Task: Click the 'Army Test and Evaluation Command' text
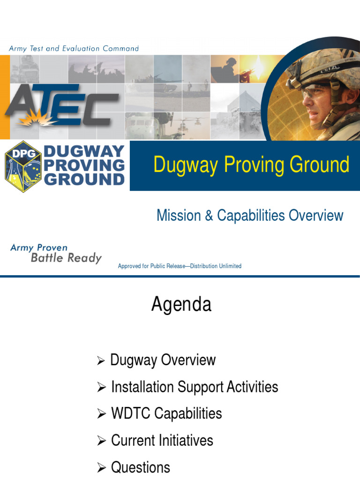point(74,48)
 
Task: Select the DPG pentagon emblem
point(23,166)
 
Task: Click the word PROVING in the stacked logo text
point(84,165)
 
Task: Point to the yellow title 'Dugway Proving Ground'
point(251,165)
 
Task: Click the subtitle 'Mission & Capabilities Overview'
point(250,216)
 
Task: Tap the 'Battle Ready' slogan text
point(66,258)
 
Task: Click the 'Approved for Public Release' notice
point(180,266)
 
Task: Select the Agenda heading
point(181,305)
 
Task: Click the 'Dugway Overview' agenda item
point(163,360)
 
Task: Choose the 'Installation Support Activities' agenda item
point(195,387)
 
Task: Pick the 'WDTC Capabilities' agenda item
point(166,414)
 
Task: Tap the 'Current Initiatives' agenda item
point(162,441)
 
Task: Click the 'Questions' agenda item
point(141,467)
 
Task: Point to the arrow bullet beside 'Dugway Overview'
point(101,361)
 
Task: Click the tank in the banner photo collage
point(152,84)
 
